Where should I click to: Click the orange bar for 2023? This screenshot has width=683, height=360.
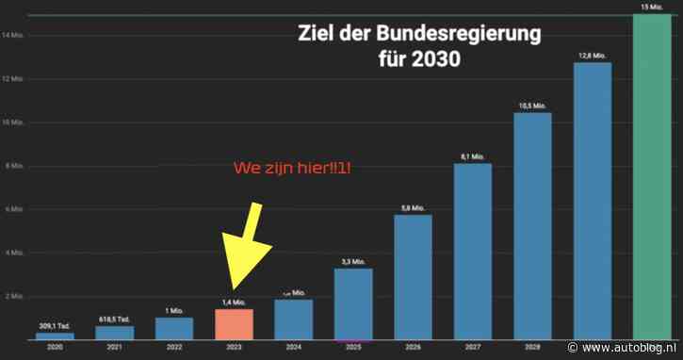234,324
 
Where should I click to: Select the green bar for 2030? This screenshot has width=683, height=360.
651,179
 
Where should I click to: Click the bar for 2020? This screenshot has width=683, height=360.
55,335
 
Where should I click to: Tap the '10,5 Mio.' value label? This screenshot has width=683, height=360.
531,106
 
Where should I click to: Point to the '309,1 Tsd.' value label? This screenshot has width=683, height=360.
55,325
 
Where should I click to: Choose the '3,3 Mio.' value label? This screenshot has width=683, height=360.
353,261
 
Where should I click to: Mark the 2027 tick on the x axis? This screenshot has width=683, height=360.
472,348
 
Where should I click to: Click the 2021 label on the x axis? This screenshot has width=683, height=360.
114,348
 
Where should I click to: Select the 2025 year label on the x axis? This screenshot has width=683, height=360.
353,348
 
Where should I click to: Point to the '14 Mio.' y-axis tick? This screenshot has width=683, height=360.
13,36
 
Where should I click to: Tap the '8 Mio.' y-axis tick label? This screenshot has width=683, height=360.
13,166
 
